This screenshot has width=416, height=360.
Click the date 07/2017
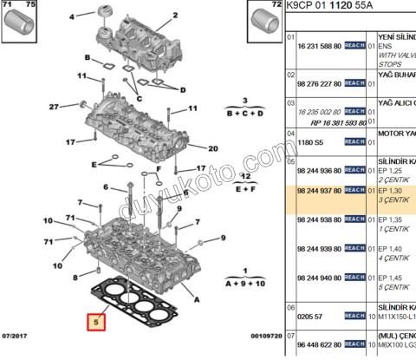tap(16, 335)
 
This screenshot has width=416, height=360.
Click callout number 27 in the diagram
tap(53, 107)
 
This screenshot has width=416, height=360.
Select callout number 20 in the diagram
tap(213, 148)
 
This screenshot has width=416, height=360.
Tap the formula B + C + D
tap(245, 114)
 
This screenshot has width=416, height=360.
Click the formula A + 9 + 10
tap(245, 283)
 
